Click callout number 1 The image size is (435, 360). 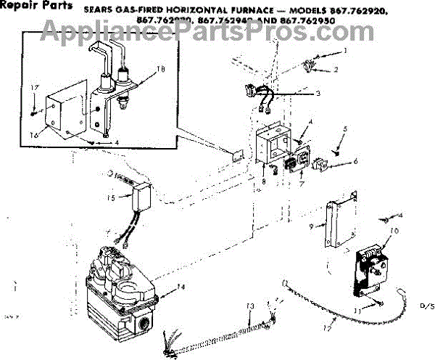tap(346, 50)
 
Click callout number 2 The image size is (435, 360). tap(336, 70)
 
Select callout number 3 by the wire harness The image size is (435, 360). tap(316, 94)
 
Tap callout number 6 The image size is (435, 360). tap(355, 160)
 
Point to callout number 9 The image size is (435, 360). tap(311, 226)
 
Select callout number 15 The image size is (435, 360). tap(112, 198)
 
